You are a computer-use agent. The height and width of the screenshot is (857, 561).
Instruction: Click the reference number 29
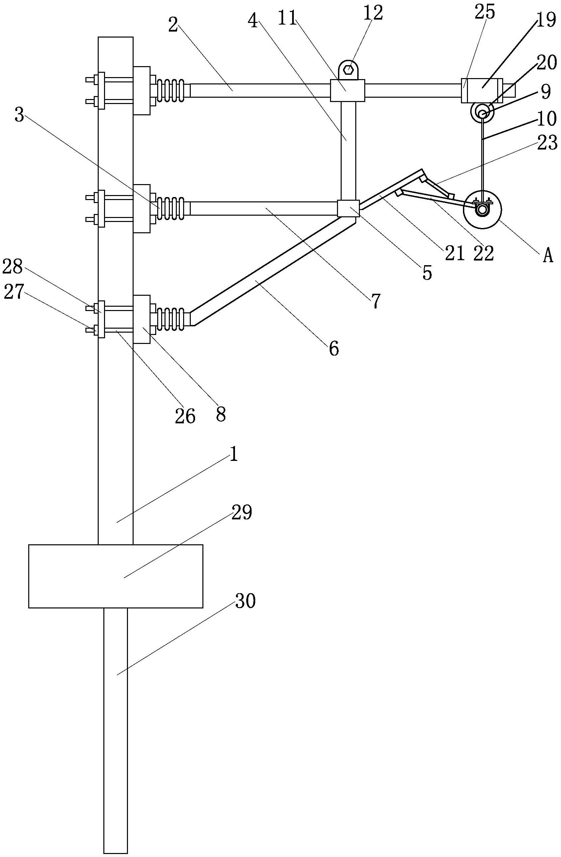click(x=242, y=513)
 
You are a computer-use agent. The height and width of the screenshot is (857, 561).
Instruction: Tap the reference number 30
click(x=245, y=601)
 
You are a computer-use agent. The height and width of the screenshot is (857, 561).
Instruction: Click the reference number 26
click(x=185, y=416)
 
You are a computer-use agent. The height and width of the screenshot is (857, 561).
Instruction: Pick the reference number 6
click(x=334, y=348)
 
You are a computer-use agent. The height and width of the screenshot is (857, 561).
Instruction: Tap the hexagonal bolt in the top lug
click(x=348, y=69)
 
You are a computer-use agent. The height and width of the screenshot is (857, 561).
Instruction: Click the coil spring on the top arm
click(x=171, y=90)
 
